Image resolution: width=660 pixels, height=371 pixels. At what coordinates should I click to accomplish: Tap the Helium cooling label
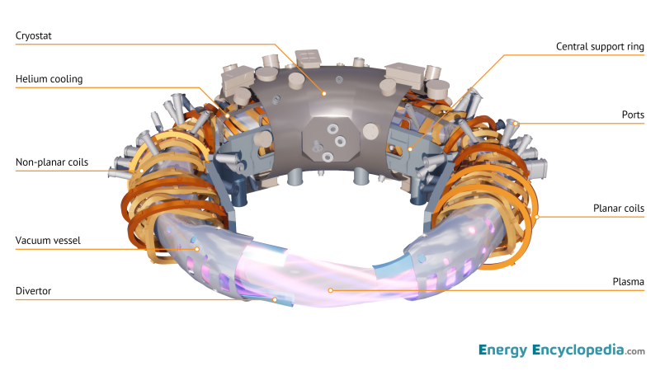[x=49, y=79]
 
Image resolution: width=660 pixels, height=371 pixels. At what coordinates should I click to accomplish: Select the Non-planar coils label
[x=51, y=162]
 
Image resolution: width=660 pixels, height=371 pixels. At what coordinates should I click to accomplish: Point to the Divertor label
[x=35, y=291]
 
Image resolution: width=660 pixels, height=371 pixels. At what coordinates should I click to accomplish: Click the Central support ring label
[x=600, y=47]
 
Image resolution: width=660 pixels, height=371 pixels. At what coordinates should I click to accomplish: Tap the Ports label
[x=633, y=115]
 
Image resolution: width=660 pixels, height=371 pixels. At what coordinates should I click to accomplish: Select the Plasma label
[x=627, y=282]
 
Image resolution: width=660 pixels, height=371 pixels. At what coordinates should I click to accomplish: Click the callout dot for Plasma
[x=331, y=289]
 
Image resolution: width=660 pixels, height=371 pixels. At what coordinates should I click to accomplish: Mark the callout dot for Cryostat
[x=324, y=94]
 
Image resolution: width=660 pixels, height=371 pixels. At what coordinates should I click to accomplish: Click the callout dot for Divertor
[x=275, y=299]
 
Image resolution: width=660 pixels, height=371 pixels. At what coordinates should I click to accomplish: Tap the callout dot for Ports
[x=515, y=124]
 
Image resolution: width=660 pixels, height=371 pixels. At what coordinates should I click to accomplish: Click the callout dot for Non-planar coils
[x=142, y=171]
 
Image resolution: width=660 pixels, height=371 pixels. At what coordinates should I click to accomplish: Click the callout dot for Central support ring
[x=410, y=149]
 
